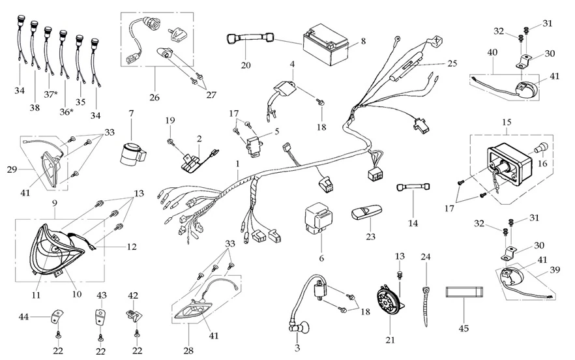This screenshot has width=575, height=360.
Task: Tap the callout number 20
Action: [x=246, y=65]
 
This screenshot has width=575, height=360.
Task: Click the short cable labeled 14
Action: [x=412, y=188]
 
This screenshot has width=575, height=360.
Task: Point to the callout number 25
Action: [x=452, y=63]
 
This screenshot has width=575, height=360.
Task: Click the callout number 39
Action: [x=555, y=270]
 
